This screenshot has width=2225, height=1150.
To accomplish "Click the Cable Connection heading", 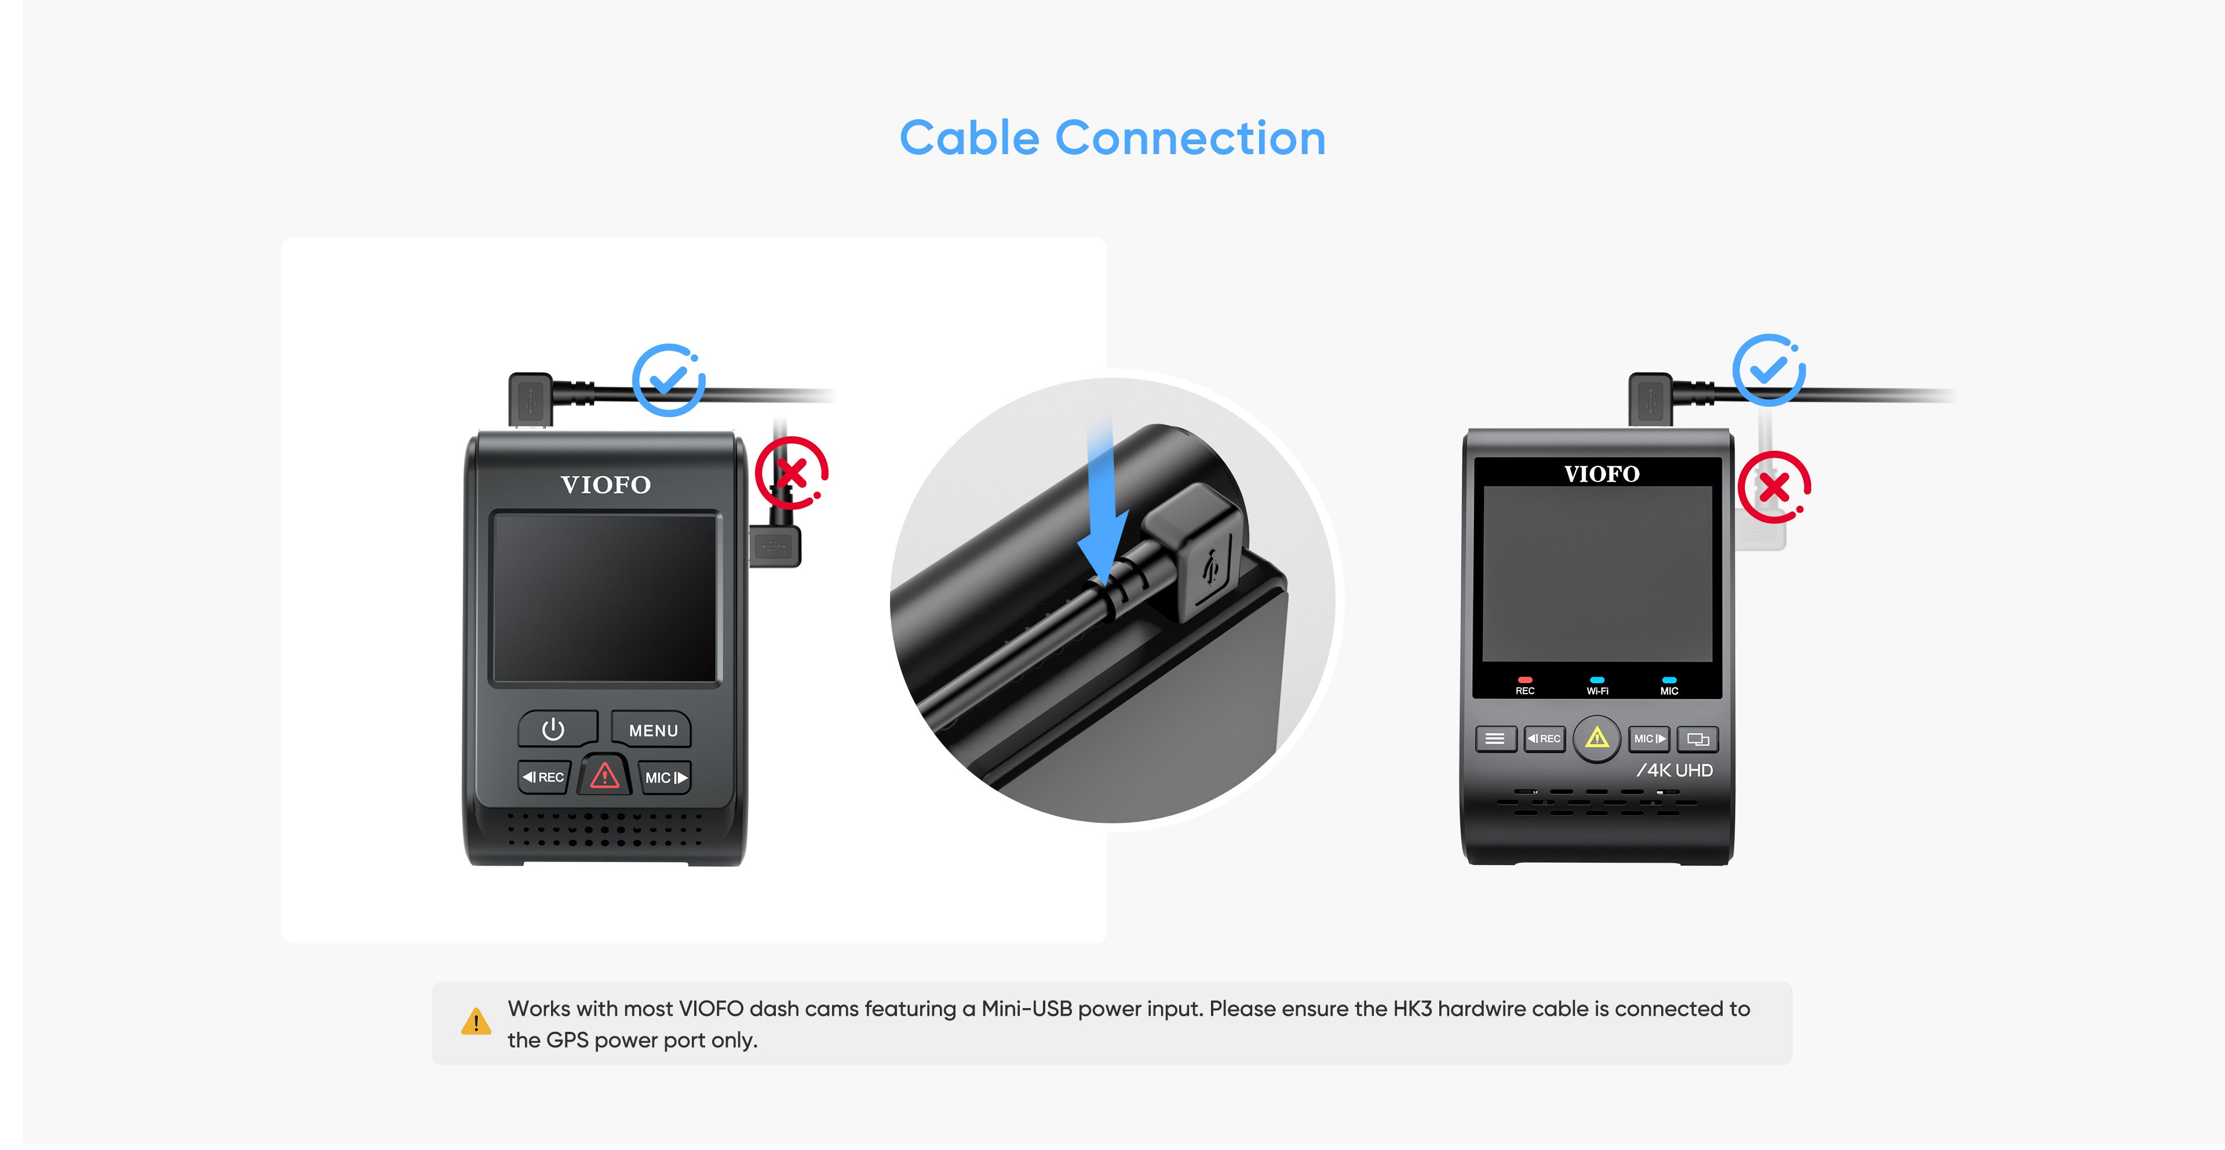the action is pyautogui.click(x=1112, y=138).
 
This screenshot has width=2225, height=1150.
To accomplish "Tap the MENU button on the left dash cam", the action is pyautogui.click(x=652, y=729).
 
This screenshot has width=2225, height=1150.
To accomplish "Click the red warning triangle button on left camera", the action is pyautogui.click(x=604, y=775).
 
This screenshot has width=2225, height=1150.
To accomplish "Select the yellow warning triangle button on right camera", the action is pyautogui.click(x=1597, y=738).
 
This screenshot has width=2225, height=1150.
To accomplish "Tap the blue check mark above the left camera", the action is pyautogui.click(x=669, y=380).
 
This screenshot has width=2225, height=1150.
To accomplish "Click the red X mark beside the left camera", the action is pyautogui.click(x=791, y=473).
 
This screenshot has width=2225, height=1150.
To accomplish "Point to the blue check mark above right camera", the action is pyautogui.click(x=1769, y=370).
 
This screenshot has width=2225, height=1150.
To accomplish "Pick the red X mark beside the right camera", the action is pyautogui.click(x=1774, y=487).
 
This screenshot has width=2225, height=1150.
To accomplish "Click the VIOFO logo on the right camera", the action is pyautogui.click(x=1602, y=474).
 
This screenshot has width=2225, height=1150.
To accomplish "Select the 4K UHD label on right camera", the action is pyautogui.click(x=1675, y=770).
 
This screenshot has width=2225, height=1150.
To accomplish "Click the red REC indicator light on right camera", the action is pyautogui.click(x=1524, y=680).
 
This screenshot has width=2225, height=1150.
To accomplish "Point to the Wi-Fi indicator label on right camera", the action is pyautogui.click(x=1597, y=691).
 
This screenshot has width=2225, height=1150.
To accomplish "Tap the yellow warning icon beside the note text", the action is pyautogui.click(x=476, y=1021).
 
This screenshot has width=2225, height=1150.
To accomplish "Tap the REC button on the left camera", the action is pyautogui.click(x=544, y=777).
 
